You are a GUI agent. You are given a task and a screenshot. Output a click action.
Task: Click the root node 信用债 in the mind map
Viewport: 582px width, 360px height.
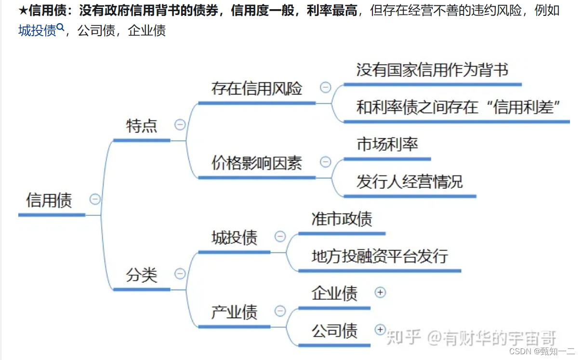(x=49, y=200)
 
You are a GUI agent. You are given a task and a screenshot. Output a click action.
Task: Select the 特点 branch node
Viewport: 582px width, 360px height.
(x=142, y=126)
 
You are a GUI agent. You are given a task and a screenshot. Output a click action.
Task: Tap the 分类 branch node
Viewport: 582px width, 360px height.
(x=142, y=275)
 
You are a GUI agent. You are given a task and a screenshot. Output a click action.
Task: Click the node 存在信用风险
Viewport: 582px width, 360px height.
(x=256, y=89)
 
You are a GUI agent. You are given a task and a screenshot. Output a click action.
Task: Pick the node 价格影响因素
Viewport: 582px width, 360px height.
(x=256, y=163)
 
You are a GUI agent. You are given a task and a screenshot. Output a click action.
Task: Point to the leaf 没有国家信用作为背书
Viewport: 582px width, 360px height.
(x=432, y=70)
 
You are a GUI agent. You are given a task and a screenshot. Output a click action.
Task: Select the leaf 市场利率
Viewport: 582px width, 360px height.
(x=387, y=144)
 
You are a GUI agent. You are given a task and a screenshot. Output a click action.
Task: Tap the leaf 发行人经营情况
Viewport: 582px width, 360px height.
(x=410, y=182)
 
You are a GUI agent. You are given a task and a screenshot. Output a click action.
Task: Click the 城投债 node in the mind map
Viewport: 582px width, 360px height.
(x=234, y=238)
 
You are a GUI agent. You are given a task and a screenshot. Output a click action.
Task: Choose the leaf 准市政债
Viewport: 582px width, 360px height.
(x=342, y=219)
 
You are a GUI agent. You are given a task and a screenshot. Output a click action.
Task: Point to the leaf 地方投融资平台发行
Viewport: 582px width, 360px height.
(x=380, y=256)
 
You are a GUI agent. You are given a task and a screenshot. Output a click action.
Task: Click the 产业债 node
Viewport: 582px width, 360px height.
(x=234, y=312)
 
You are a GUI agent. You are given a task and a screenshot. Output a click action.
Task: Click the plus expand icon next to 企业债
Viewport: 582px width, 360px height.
(x=380, y=292)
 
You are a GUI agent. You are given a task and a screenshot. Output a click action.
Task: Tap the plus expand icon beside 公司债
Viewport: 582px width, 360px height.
(x=380, y=330)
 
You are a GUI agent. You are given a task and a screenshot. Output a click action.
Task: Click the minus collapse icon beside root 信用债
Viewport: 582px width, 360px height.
(x=95, y=199)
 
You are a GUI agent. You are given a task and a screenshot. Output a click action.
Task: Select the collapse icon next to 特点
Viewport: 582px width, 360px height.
(x=180, y=125)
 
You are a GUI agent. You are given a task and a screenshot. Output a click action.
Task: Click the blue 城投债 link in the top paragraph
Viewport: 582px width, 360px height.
(x=37, y=31)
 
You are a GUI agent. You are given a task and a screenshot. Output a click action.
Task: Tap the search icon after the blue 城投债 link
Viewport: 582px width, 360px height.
(x=60, y=27)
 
